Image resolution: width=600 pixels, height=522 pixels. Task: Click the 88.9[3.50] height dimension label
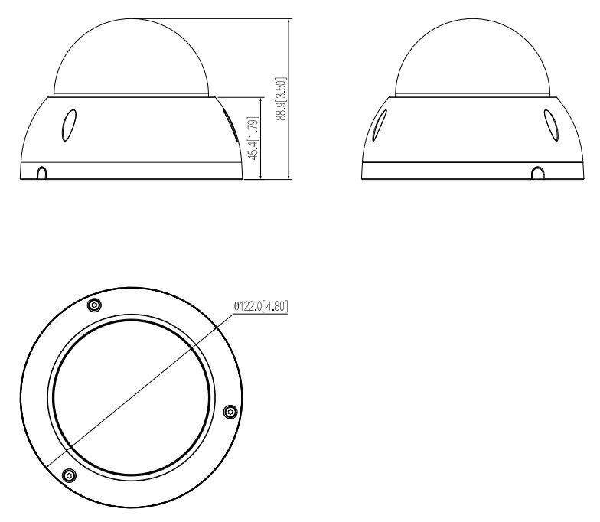click(282, 100)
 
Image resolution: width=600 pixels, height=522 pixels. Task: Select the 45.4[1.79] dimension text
click(254, 139)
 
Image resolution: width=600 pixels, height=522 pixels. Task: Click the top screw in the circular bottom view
click(93, 305)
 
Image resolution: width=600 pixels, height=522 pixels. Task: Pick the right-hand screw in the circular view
click(229, 412)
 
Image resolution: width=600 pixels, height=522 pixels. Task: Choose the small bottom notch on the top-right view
click(538, 174)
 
